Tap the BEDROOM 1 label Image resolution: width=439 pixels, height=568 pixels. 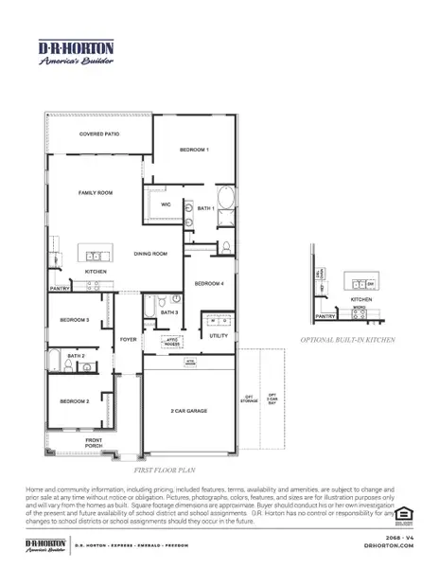[194, 151]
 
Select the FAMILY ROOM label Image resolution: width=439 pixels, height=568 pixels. [95, 192]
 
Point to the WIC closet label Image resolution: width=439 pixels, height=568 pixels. [166, 204]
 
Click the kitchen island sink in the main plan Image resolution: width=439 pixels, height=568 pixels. [95, 256]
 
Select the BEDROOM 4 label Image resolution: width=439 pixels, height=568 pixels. [209, 283]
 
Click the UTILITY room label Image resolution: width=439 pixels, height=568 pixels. [218, 335]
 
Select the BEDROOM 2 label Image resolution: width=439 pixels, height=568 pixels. [75, 401]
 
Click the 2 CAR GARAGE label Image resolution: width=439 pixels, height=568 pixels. [190, 411]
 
